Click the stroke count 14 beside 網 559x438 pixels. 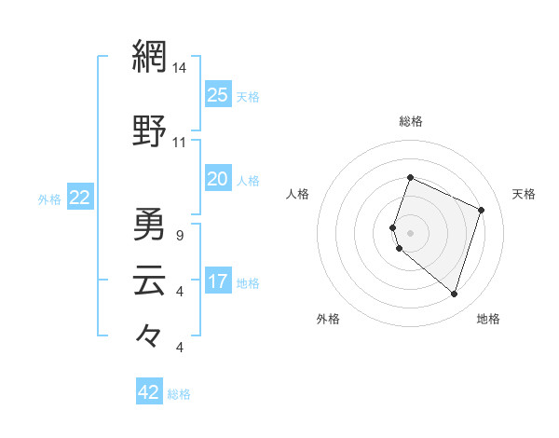coord(180,68)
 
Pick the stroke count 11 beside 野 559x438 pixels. coord(180,143)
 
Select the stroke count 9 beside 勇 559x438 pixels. coord(179,236)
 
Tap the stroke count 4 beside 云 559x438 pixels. coord(179,292)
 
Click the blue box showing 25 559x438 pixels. coord(218,95)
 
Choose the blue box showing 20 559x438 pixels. coord(218,179)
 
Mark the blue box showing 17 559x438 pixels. coord(218,281)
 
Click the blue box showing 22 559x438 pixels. coord(80,198)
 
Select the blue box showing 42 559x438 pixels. coord(149,392)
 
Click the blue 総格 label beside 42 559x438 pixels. coord(179,394)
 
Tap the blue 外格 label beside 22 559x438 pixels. coord(49,198)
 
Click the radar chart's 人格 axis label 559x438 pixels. coord(298,194)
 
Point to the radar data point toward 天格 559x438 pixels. coord(482,210)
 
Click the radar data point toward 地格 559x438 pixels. coord(454,294)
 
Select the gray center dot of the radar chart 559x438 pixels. coord(410,232)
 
